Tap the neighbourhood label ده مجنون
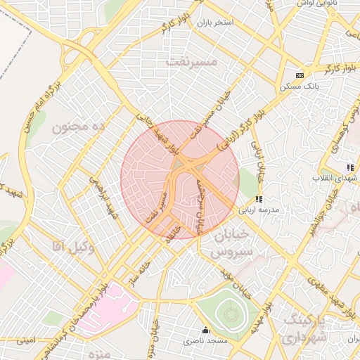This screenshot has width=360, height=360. coord(79,127)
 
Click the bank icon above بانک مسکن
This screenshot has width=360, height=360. coord(300,75)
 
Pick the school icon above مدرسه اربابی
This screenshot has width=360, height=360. coord(259,200)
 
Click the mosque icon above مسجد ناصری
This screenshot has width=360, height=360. coord(205,330)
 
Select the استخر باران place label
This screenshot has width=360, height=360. coord(214,23)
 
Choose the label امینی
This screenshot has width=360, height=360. coord(25,340)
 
